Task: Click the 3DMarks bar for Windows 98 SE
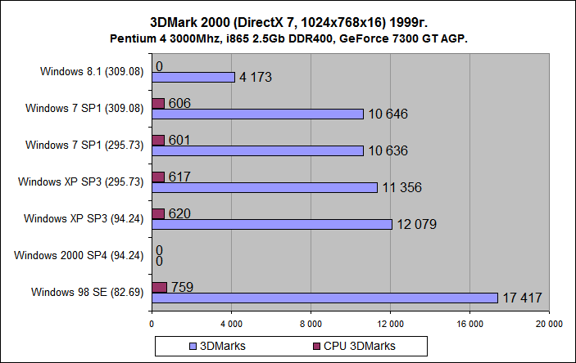324,298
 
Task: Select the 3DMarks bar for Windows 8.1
193,77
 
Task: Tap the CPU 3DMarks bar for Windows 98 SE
160,287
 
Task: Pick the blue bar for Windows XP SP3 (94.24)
272,224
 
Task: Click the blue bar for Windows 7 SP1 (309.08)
257,114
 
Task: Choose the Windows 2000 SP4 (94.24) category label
79,255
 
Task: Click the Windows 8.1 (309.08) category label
92,71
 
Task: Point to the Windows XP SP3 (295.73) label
81,181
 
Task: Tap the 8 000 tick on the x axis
311,324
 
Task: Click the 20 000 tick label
548,324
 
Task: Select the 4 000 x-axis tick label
231,324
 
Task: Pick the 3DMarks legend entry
220,346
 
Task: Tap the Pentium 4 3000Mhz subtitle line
288,38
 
